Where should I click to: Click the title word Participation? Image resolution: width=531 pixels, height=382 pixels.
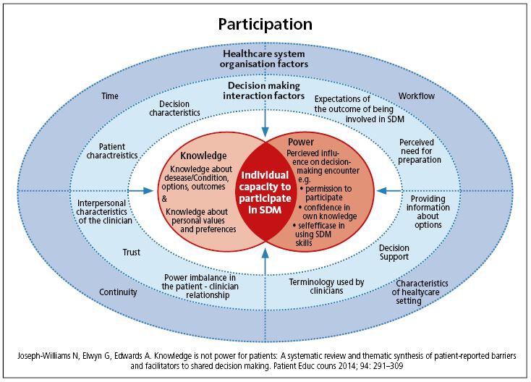[265, 24]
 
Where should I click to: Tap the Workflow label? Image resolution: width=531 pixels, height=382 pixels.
[417, 95]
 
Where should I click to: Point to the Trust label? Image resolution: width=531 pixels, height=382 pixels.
[130, 252]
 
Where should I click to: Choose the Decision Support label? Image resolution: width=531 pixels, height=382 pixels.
[394, 252]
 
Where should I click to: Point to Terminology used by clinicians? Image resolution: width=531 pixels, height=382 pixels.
[326, 286]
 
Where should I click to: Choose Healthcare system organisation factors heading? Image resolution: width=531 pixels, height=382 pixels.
[265, 59]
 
